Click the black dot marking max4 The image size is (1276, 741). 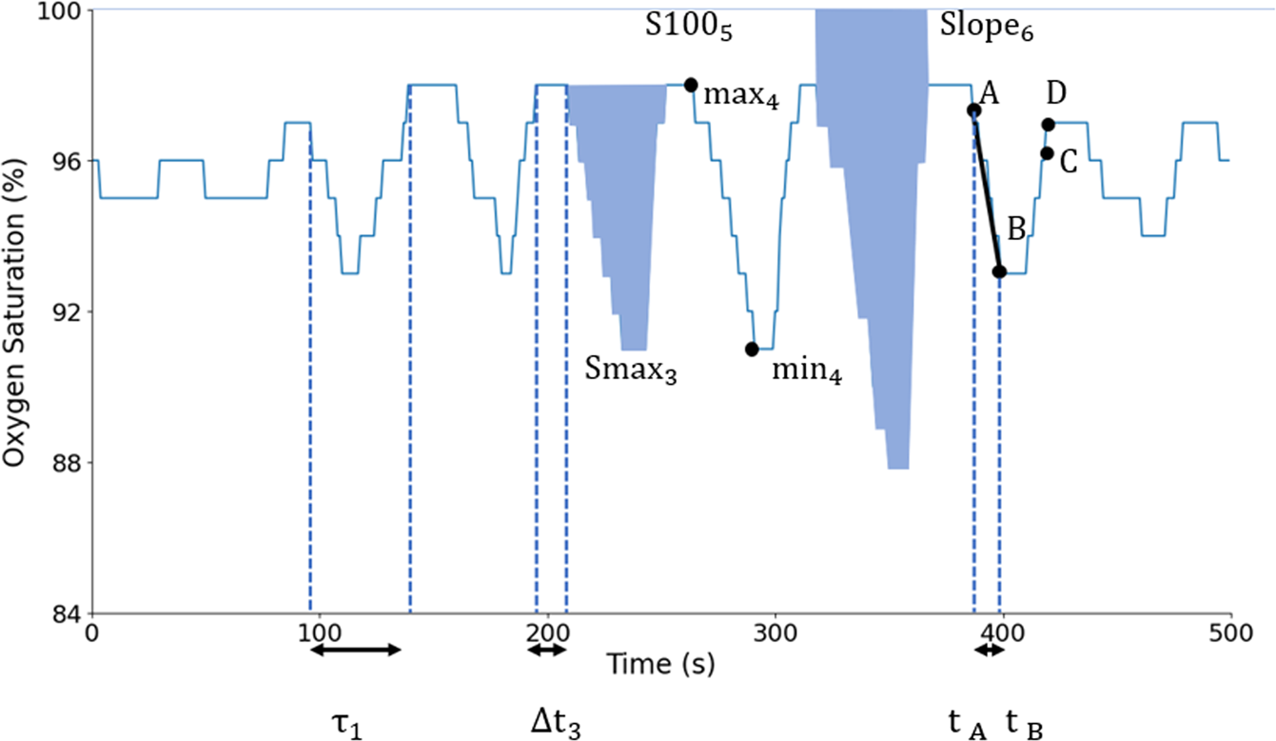click(x=691, y=85)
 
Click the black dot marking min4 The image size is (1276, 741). click(x=752, y=349)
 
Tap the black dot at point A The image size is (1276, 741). click(x=973, y=110)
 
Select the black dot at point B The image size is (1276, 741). click(x=999, y=271)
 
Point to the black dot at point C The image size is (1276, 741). click(x=1047, y=153)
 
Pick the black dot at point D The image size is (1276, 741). click(x=1048, y=125)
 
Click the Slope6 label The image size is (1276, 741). click(x=987, y=28)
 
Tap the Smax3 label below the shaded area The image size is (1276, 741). click(x=630, y=370)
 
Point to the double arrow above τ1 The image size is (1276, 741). click(x=358, y=650)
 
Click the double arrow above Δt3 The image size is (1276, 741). click(x=547, y=650)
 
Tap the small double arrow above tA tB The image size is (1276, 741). click(x=989, y=650)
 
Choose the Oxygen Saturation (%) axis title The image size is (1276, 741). click(x=13, y=310)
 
